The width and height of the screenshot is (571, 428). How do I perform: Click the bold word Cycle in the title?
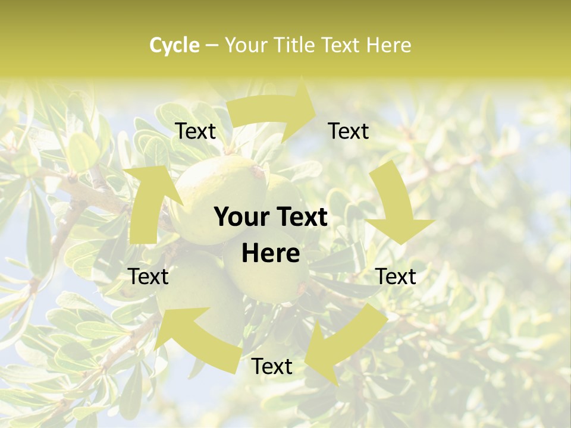coord(174,45)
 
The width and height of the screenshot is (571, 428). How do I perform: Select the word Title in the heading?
coord(293,45)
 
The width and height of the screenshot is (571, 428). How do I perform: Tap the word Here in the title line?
coord(388,45)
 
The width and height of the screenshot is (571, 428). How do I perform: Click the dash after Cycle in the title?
coord(212,45)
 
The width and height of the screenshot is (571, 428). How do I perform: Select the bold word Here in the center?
coord(271,254)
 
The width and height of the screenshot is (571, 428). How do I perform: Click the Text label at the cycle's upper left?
coord(196,131)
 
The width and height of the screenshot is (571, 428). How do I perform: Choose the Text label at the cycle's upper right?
coord(349,131)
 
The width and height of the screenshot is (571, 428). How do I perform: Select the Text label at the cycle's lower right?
coord(396,276)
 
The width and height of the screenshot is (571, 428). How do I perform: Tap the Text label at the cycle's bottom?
coord(272,367)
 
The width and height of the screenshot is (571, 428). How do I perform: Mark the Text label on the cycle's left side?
coord(149,276)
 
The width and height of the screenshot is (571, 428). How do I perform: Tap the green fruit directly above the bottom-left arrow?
coord(199,285)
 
